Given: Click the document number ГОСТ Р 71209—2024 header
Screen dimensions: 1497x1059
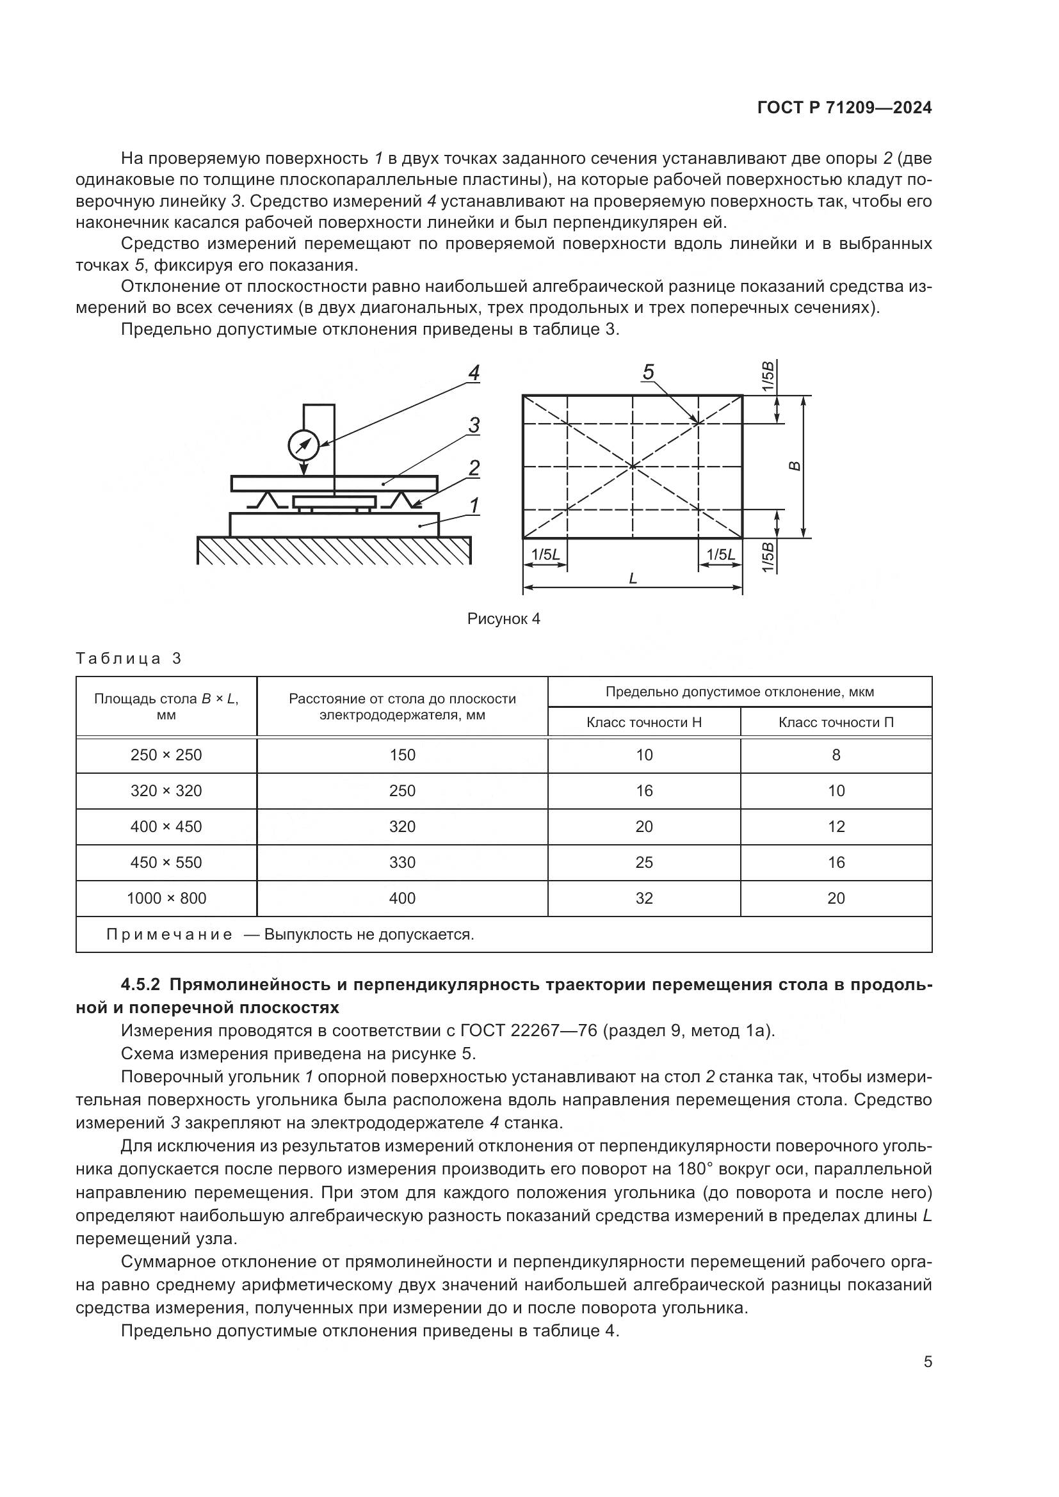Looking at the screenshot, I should click(845, 108).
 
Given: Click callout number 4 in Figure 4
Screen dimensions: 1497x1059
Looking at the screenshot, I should click(474, 374).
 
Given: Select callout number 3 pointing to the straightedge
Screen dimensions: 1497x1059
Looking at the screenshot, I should click(474, 426).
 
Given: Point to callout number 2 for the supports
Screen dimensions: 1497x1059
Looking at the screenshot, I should click(474, 468).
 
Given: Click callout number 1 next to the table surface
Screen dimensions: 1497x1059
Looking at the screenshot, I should click(474, 506).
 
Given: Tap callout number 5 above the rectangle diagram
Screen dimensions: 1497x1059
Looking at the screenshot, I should click(648, 372).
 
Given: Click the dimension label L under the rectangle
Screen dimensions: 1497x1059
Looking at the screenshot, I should click(633, 579).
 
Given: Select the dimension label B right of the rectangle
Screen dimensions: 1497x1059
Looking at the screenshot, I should click(794, 466).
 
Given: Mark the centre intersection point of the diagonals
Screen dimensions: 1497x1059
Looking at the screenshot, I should click(633, 465).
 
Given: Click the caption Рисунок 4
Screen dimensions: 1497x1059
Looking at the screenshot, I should click(503, 619).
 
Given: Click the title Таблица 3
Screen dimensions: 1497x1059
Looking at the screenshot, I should click(129, 659).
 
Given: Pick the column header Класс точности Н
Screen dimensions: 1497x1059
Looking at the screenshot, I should click(643, 723).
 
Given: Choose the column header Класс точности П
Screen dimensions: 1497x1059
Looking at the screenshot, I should click(836, 723).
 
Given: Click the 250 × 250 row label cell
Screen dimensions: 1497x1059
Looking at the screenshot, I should click(166, 755).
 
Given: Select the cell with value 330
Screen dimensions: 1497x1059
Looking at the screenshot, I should click(402, 863).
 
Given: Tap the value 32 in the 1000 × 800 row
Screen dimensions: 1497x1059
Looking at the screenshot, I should click(643, 899).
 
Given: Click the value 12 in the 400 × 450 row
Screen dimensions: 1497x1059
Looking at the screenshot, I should click(836, 827).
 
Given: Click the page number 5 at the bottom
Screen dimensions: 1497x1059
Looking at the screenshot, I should click(928, 1362).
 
